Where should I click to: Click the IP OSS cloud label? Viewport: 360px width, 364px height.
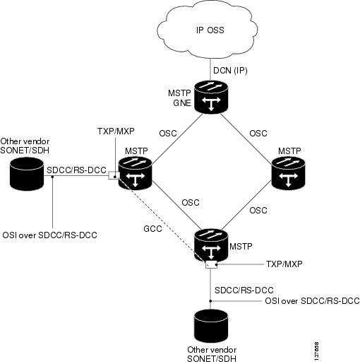click(210, 30)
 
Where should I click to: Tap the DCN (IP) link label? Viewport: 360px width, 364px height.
click(230, 71)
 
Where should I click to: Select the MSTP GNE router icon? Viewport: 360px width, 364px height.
click(211, 97)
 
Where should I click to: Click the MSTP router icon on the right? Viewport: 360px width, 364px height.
click(288, 173)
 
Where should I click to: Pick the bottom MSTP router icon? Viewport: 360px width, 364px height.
click(211, 246)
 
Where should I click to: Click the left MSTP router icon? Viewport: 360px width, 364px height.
click(136, 173)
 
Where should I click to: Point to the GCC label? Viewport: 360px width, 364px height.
click(152, 229)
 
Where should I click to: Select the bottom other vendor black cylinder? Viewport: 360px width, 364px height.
click(211, 327)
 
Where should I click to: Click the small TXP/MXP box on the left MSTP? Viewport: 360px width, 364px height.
click(114, 175)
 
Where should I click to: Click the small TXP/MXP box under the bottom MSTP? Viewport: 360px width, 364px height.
click(211, 264)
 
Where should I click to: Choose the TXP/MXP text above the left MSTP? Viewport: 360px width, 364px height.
click(116, 131)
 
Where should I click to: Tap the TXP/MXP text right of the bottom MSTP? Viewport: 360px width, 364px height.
click(284, 264)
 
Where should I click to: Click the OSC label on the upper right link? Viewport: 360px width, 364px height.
click(258, 134)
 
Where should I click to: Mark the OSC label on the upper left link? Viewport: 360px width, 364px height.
click(168, 134)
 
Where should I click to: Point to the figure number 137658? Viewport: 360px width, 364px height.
click(316, 351)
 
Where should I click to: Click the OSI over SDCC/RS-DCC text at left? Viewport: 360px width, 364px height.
click(49, 235)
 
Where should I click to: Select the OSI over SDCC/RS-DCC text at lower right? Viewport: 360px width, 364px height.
click(312, 301)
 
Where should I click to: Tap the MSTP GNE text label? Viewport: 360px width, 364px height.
click(180, 98)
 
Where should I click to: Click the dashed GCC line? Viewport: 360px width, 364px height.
click(162, 220)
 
